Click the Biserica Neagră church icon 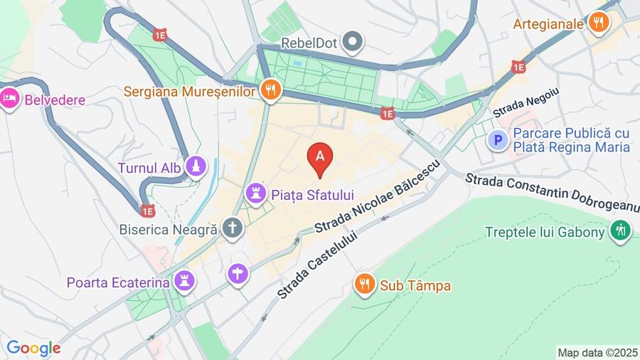click(232, 228)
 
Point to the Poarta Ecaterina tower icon click(185, 282)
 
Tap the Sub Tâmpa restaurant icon click(364, 285)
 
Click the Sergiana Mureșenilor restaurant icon click(270, 90)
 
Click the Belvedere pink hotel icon click(10, 99)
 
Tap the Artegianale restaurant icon click(599, 23)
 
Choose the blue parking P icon click(498, 140)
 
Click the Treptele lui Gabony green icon click(620, 231)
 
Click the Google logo click(33, 348)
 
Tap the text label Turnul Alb click(150, 169)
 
